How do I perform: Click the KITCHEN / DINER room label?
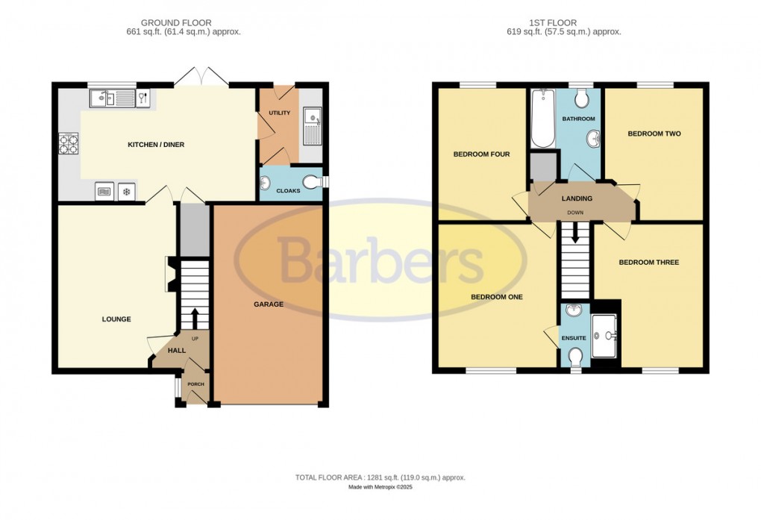pyautogui.click(x=155, y=145)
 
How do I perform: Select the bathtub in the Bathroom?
pyautogui.click(x=541, y=119)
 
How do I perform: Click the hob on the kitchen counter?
pyautogui.click(x=69, y=142)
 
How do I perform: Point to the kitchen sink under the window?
pyautogui.click(x=111, y=98)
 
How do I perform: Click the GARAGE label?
pyautogui.click(x=269, y=304)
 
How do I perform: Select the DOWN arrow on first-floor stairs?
pyautogui.click(x=575, y=233)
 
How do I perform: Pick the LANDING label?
pyautogui.click(x=577, y=198)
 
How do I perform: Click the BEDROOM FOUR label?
pyautogui.click(x=481, y=154)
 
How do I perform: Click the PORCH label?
pyautogui.click(x=195, y=384)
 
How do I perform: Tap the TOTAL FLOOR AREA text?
pyautogui.click(x=380, y=477)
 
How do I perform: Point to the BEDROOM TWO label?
pyautogui.click(x=654, y=134)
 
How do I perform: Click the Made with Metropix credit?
pyautogui.click(x=380, y=488)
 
